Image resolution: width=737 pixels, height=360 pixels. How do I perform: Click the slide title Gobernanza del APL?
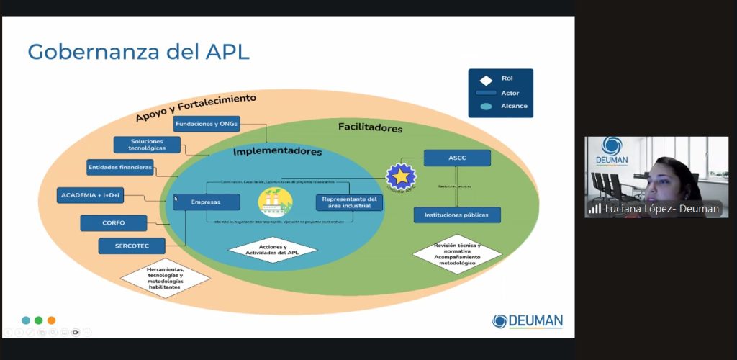click(x=138, y=52)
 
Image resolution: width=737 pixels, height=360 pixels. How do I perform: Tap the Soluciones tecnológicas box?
click(x=147, y=145)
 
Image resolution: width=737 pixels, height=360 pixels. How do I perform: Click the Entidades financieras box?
click(x=120, y=168)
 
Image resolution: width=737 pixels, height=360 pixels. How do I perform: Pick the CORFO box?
click(x=113, y=223)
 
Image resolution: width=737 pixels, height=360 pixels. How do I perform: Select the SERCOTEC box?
click(x=132, y=246)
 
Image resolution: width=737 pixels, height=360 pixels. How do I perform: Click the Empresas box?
click(x=207, y=202)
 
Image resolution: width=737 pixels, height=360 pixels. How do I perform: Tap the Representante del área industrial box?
click(x=349, y=202)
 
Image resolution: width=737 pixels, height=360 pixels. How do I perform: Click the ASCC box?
click(x=457, y=158)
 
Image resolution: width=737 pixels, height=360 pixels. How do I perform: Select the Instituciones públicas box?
click(x=457, y=215)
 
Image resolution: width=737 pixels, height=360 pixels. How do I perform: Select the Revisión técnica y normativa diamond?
click(x=457, y=254)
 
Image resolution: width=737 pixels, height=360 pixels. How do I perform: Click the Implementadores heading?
click(x=277, y=152)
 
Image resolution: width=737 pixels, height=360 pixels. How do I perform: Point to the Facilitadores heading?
click(x=370, y=128)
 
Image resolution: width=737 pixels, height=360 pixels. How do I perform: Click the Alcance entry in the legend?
click(x=514, y=106)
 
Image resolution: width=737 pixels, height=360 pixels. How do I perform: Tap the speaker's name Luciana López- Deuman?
click(x=661, y=209)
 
